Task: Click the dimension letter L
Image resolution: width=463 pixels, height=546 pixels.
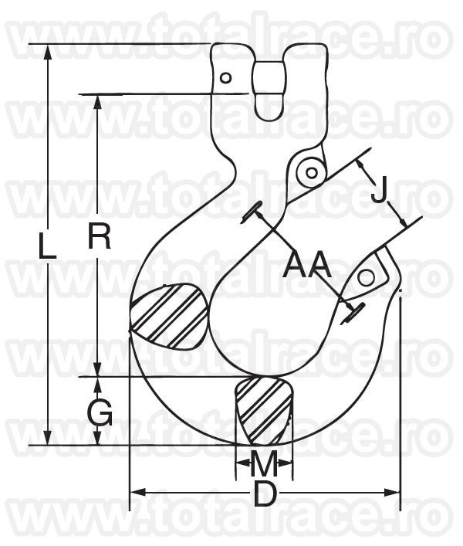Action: pyautogui.click(x=47, y=246)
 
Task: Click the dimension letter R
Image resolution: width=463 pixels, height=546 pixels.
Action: pyautogui.click(x=99, y=236)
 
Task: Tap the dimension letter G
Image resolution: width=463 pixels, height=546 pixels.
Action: pyautogui.click(x=100, y=412)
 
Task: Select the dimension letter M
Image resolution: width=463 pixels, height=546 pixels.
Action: pyautogui.click(x=264, y=463)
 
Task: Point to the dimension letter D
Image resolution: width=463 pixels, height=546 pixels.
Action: pyautogui.click(x=265, y=493)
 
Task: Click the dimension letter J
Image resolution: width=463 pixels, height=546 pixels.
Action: pyautogui.click(x=378, y=189)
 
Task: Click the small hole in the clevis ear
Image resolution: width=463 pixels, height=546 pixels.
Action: pyautogui.click(x=226, y=78)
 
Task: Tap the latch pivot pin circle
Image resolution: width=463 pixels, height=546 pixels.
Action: pyautogui.click(x=312, y=173)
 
